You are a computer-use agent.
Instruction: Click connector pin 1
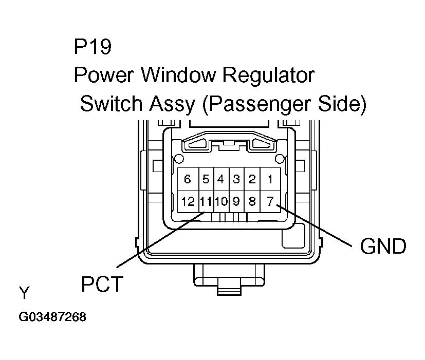coord(270,179)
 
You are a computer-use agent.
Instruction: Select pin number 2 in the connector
coord(252,179)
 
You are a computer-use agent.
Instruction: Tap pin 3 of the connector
coord(236,179)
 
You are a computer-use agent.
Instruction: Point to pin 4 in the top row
coord(221,179)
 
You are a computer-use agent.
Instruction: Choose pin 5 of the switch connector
coord(206,179)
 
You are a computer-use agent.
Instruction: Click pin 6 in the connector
coord(188,179)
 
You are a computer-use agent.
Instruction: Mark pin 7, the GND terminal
coord(270,202)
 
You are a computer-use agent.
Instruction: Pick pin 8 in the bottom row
coord(252,202)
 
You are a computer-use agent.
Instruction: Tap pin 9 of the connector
coord(236,202)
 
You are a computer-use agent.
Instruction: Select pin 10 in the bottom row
coord(221,202)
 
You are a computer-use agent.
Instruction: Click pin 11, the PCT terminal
coord(206,202)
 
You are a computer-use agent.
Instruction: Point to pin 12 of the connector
coord(188,202)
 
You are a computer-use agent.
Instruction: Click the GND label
coord(383,247)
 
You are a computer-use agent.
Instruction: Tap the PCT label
coord(102,283)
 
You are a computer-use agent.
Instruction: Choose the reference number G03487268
coord(52,317)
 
